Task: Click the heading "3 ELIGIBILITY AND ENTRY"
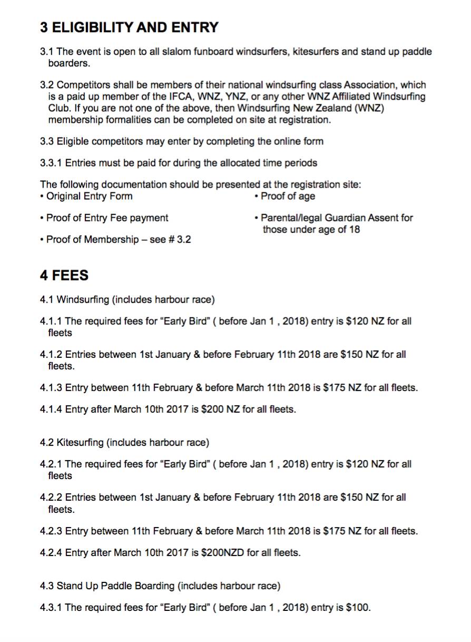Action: coord(129,27)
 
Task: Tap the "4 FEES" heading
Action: coord(64,276)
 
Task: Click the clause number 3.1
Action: coord(47,52)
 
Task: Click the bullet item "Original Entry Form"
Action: coord(89,197)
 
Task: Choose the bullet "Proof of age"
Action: coord(288,197)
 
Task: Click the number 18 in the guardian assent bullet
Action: coord(355,229)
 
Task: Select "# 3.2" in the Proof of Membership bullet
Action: coord(180,240)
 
